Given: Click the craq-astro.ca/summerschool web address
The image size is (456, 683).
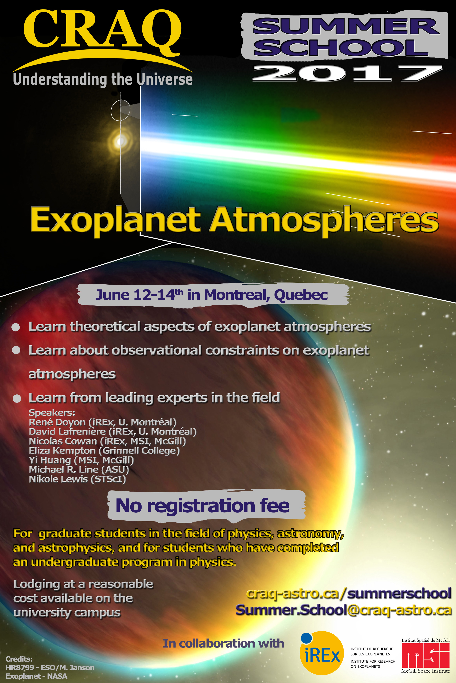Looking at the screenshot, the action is pos(349,593).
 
